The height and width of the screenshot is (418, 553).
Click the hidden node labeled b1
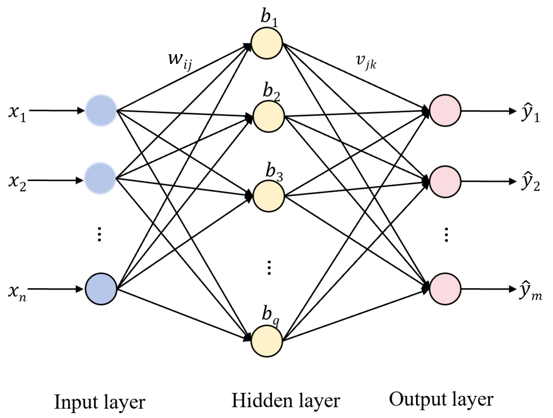click(x=267, y=43)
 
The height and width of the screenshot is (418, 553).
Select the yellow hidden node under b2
click(x=269, y=117)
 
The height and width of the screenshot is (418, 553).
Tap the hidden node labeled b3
click(x=269, y=196)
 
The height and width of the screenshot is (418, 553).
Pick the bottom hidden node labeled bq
click(x=267, y=341)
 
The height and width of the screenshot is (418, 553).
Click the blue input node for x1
click(x=101, y=110)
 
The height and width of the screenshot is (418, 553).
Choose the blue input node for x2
click(x=100, y=178)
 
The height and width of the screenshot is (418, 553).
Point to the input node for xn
click(x=101, y=289)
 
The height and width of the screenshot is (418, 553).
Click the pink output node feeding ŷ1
click(x=445, y=110)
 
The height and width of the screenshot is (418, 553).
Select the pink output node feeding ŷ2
click(x=445, y=181)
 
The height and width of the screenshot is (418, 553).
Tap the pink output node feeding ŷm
click(x=445, y=288)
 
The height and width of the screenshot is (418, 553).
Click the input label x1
click(x=17, y=114)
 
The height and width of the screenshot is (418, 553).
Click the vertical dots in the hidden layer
click(x=269, y=268)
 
